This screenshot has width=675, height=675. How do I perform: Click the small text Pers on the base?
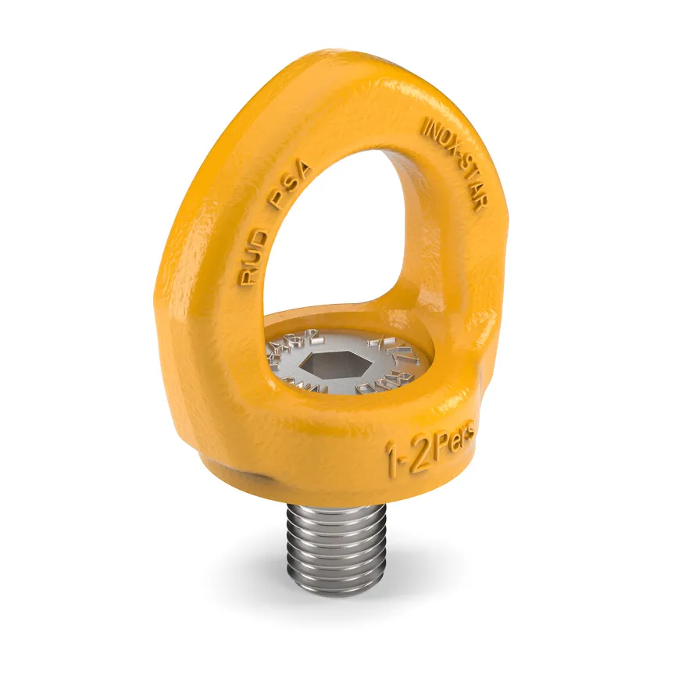tap(454, 436)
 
